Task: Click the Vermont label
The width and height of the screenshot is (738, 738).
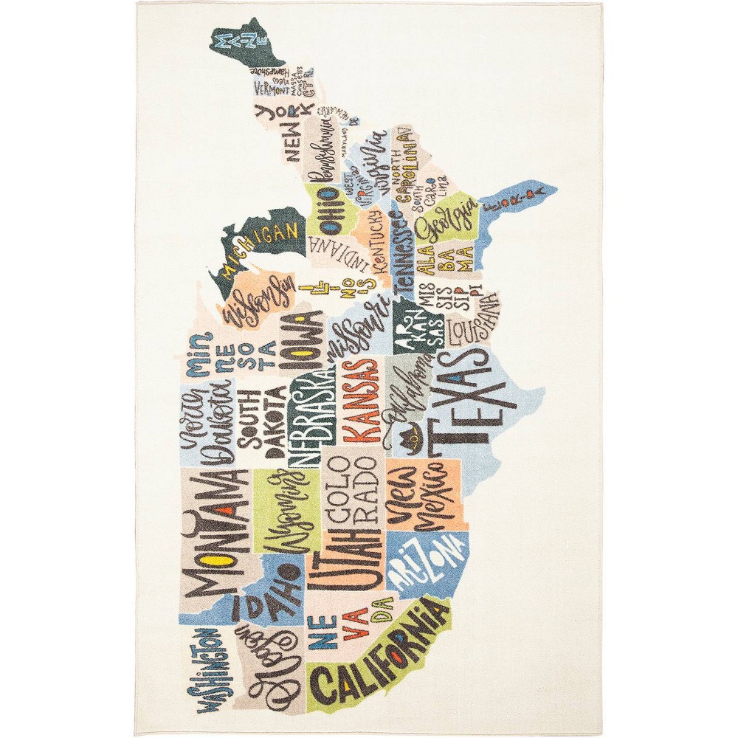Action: point(272,89)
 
